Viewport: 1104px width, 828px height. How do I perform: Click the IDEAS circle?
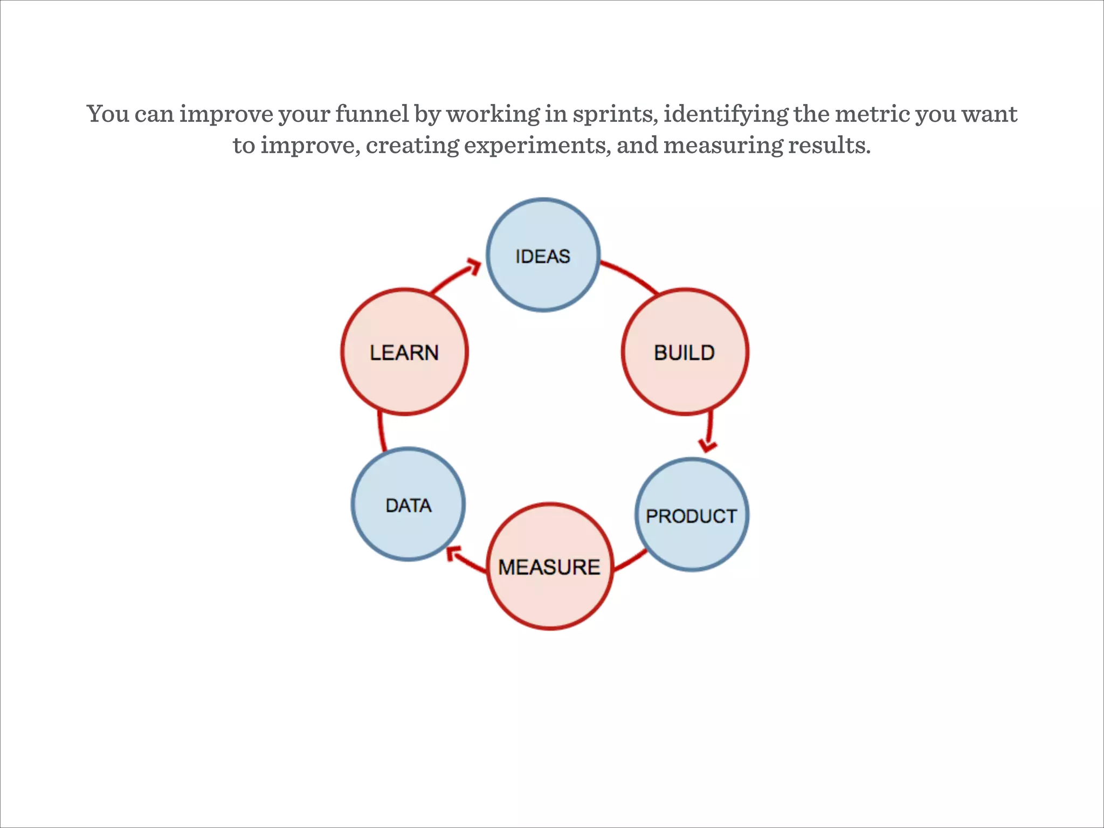tap(543, 255)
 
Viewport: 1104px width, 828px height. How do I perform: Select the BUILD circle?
tap(685, 352)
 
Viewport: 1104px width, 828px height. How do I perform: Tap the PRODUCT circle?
tap(692, 515)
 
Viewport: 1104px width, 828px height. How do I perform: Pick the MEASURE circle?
tap(550, 566)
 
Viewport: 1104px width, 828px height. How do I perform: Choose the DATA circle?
tap(408, 505)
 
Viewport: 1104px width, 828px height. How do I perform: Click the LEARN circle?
tap(404, 352)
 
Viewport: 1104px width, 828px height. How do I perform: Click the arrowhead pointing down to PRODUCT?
tap(707, 446)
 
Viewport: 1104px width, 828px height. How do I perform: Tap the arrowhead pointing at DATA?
tap(454, 553)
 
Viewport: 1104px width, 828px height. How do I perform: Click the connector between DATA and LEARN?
tap(381, 431)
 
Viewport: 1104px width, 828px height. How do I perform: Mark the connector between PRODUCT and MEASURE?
tap(631, 561)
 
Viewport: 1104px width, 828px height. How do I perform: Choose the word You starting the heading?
tap(108, 114)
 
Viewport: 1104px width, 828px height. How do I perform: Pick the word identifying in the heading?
tap(726, 114)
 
